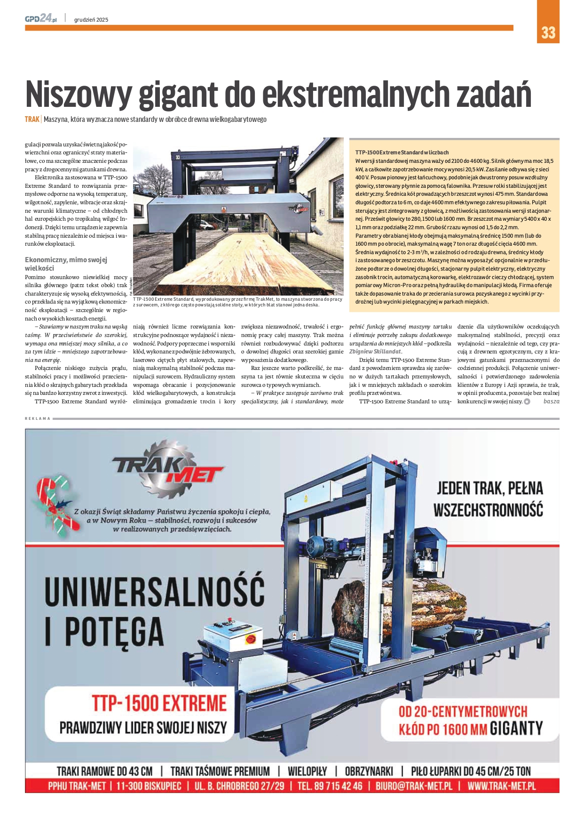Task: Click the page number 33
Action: [x=548, y=32]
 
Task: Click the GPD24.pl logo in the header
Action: [x=41, y=18]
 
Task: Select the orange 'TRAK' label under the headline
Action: [x=32, y=119]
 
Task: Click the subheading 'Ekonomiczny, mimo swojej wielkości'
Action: [x=66, y=264]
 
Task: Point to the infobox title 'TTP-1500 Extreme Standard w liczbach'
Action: [x=402, y=152]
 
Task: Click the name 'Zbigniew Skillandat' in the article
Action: [x=375, y=351]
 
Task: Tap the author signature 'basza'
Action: [x=551, y=401]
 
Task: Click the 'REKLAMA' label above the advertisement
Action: [x=37, y=418]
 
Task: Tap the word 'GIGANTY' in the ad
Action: [x=516, y=729]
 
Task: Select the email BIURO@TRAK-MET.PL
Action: [x=413, y=786]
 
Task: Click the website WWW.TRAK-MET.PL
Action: [x=502, y=786]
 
